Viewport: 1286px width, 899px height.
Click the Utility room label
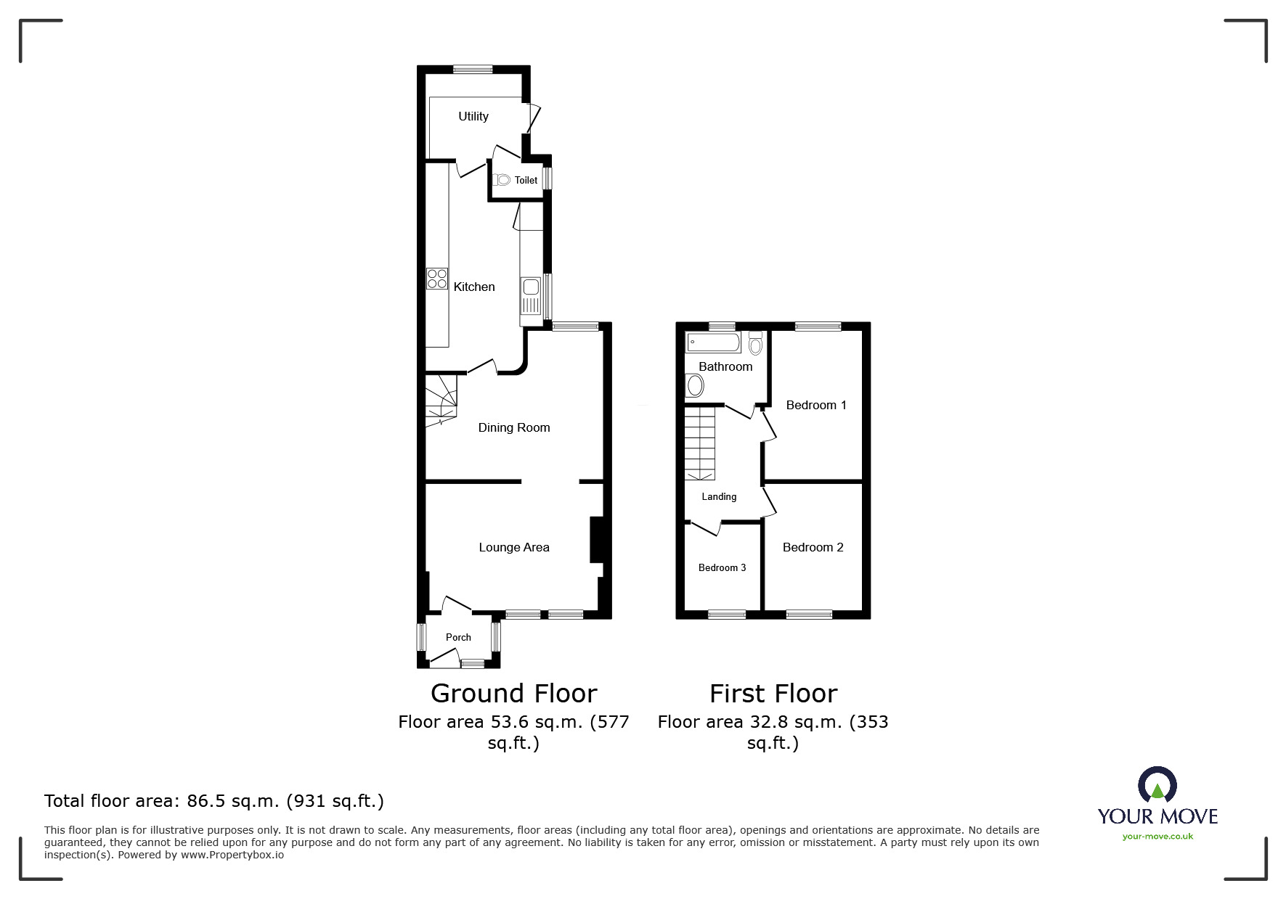point(473,116)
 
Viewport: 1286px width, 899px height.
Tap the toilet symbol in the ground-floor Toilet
point(502,179)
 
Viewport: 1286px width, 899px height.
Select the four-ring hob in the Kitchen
point(437,279)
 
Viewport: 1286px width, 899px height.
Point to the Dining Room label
point(513,427)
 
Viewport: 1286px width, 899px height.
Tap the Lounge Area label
point(513,547)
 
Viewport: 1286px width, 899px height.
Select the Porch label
point(458,637)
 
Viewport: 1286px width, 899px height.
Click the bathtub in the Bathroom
point(714,342)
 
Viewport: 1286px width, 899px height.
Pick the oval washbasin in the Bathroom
point(695,385)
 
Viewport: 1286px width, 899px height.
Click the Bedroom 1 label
point(815,405)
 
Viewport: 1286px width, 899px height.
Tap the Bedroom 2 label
point(813,547)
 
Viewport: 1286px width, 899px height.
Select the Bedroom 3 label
point(722,567)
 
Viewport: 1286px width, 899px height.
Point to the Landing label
point(719,496)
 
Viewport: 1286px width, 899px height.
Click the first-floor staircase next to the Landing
point(700,443)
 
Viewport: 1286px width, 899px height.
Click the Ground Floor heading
point(513,694)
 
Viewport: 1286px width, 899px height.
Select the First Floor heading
point(773,694)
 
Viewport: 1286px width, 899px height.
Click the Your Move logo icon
point(1157,785)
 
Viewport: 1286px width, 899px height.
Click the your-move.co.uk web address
point(1157,837)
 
